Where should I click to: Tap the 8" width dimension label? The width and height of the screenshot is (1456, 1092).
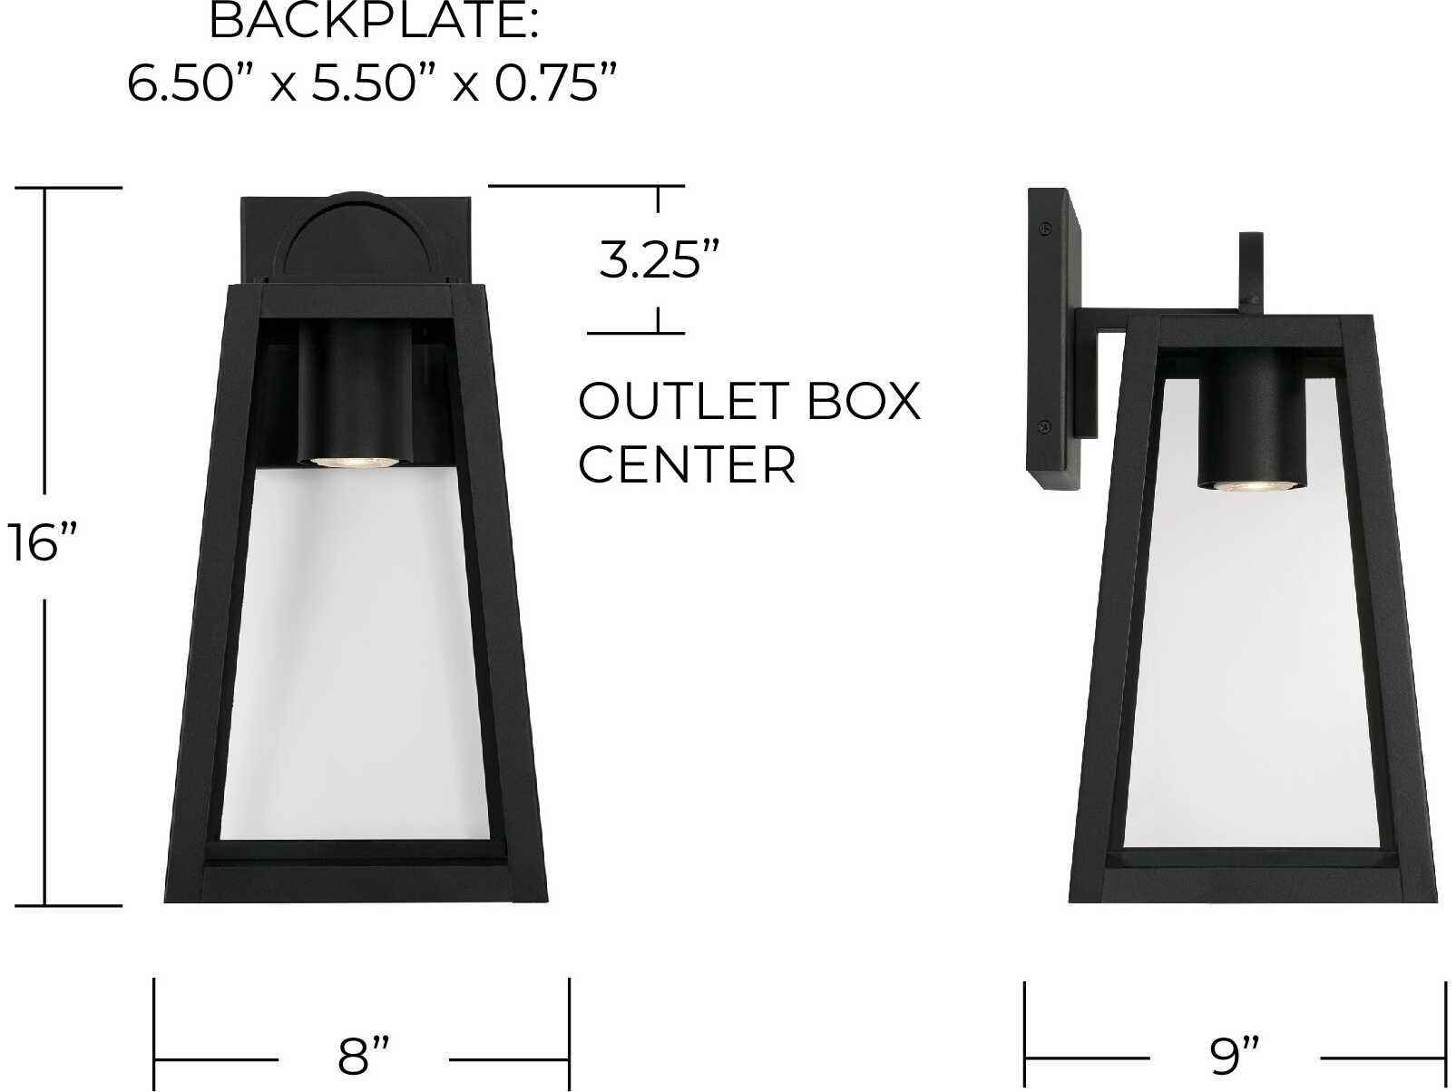tap(364, 1056)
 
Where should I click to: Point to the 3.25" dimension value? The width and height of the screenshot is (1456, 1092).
tap(651, 261)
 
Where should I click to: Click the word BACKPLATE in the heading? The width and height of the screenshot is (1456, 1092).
tap(374, 22)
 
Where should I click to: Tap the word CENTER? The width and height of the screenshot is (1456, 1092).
tap(687, 465)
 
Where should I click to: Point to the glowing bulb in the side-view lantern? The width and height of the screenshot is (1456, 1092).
tap(1246, 486)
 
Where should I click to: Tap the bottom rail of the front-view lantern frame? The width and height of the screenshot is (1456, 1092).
tap(355, 882)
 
